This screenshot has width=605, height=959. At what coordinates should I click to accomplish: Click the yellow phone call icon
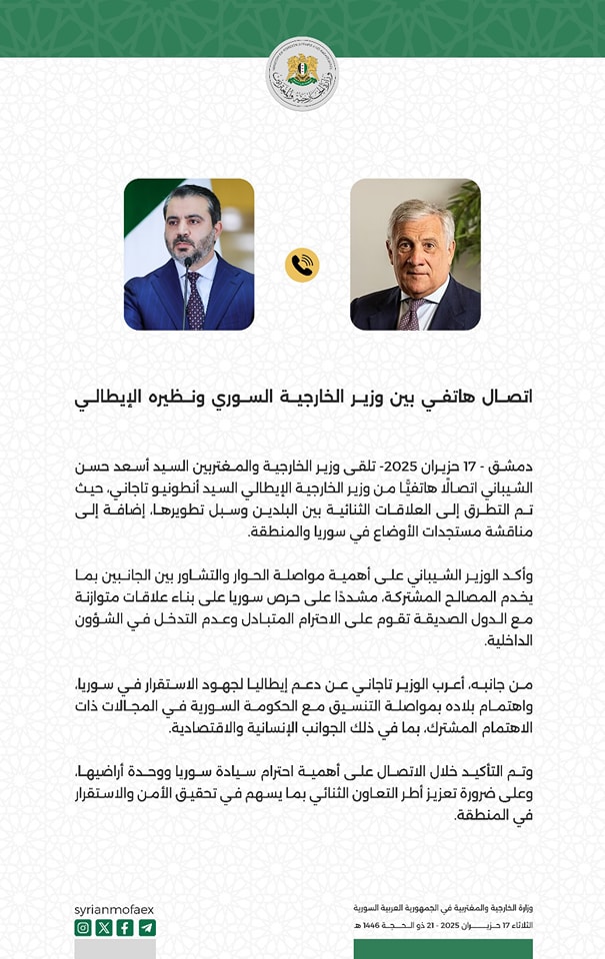[302, 265]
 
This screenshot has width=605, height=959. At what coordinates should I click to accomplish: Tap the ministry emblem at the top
[302, 74]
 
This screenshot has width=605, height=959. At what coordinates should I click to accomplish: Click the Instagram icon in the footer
[83, 927]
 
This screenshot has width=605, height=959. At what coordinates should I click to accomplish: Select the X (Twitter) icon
[104, 927]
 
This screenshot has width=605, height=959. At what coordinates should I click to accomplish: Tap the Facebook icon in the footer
[125, 927]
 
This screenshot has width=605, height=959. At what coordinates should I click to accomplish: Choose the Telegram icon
[147, 927]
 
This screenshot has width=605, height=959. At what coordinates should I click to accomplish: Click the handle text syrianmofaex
[114, 909]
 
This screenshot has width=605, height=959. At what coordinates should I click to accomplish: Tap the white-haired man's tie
[410, 315]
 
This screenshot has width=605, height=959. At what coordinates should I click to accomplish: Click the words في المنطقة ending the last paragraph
[493, 815]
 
